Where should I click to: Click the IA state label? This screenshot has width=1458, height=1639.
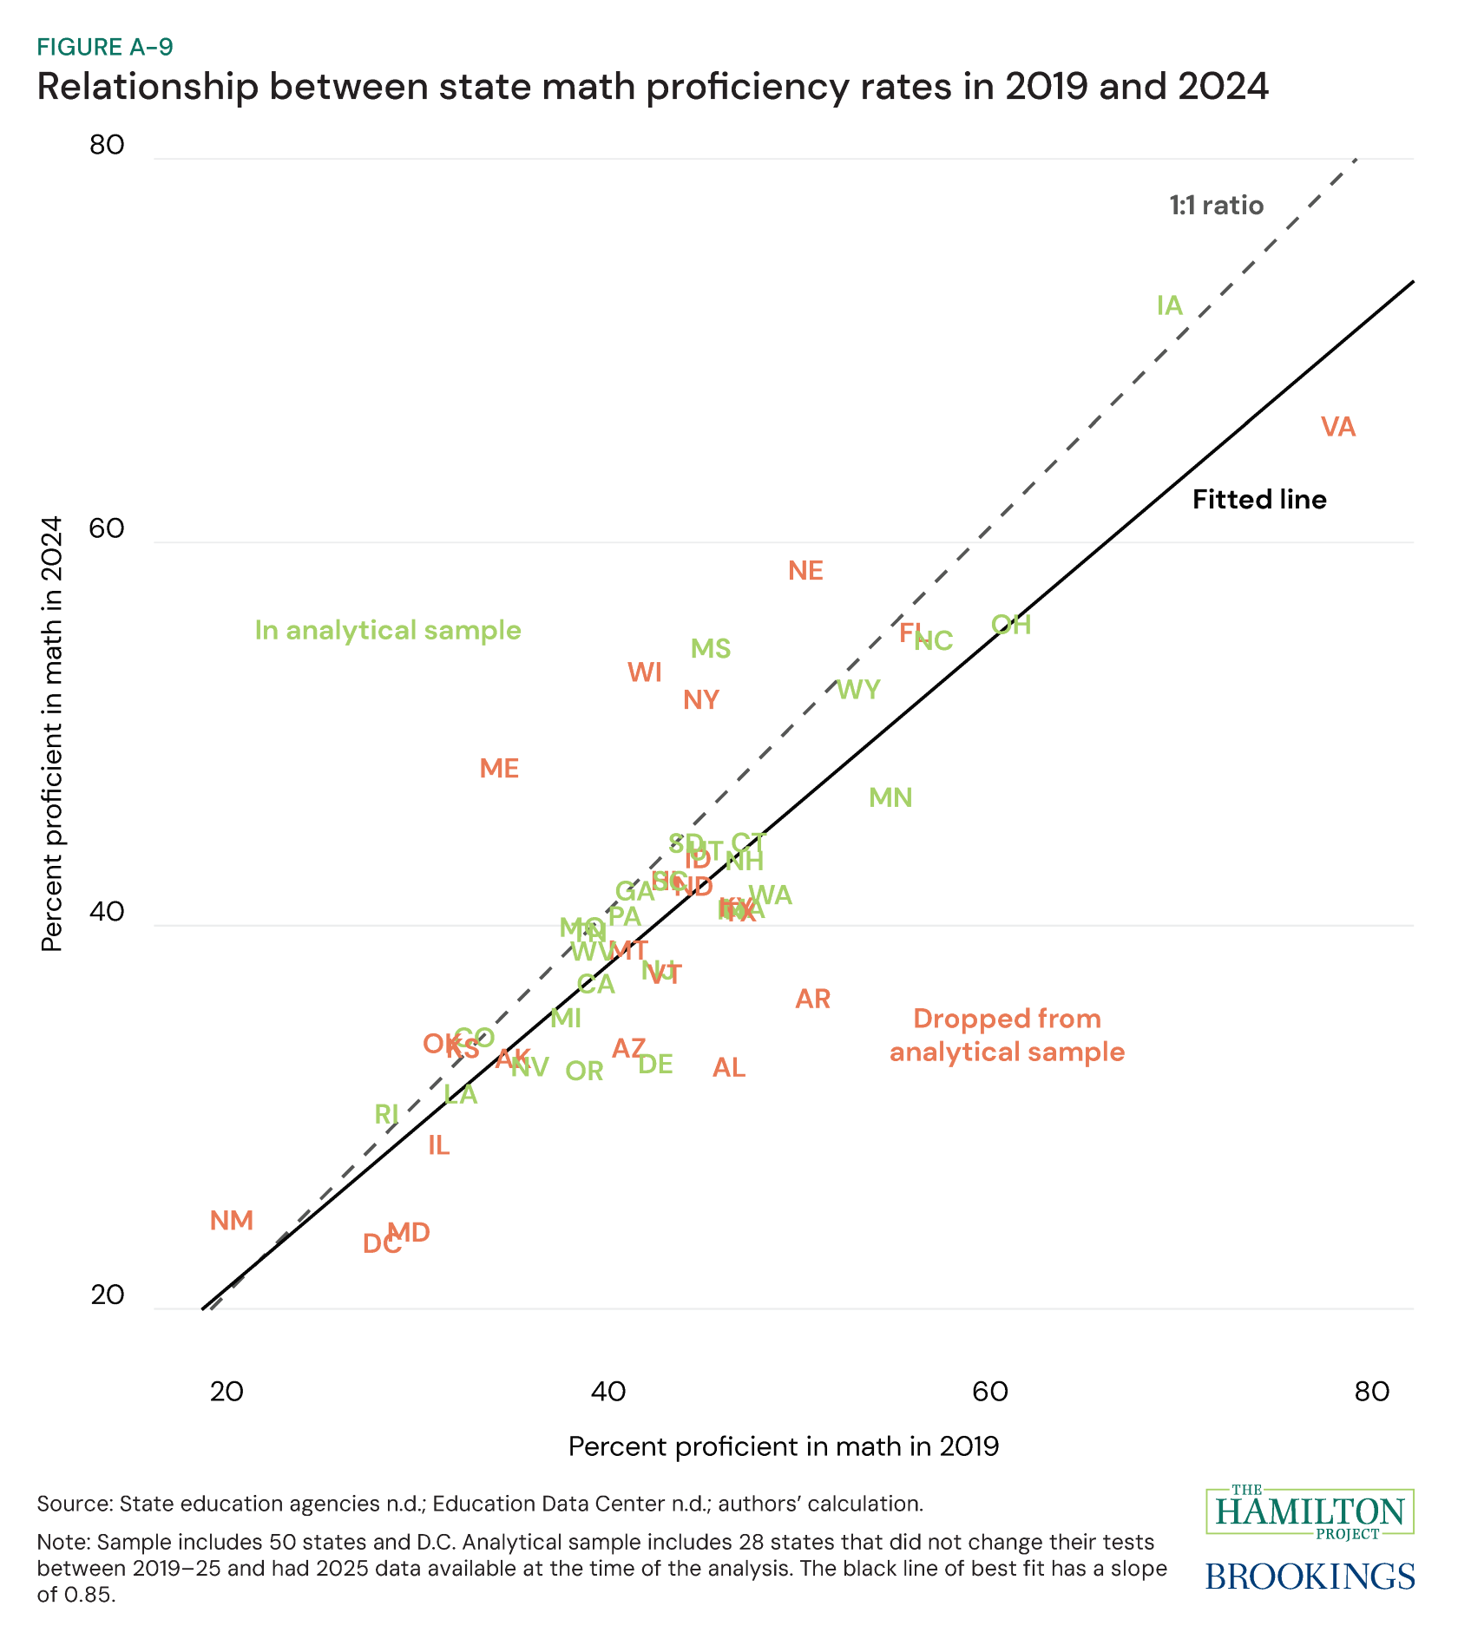(x=1169, y=305)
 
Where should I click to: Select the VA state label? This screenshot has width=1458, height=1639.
(x=1337, y=427)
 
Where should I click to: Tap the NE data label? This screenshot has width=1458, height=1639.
(x=805, y=571)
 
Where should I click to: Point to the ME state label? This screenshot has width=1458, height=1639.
(x=499, y=769)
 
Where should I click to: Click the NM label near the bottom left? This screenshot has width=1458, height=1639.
(x=232, y=1221)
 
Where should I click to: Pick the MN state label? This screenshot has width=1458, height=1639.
(x=890, y=798)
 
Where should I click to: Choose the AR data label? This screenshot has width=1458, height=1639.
(x=813, y=1000)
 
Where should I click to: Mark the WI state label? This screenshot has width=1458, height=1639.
(x=645, y=672)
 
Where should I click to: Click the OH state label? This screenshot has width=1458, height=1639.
(x=1011, y=625)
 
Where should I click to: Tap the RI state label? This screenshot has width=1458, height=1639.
(x=386, y=1114)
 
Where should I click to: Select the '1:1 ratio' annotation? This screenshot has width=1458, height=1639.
(x=1216, y=206)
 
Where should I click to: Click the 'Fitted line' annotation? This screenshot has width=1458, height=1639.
(x=1259, y=500)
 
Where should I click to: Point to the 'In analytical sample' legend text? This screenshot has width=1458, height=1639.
(x=388, y=630)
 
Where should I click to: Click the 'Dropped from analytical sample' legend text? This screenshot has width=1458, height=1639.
(x=1007, y=1035)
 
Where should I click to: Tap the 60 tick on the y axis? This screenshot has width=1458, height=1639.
(x=107, y=530)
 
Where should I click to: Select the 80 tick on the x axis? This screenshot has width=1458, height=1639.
(x=1372, y=1392)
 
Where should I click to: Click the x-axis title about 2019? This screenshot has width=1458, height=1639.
(x=784, y=1447)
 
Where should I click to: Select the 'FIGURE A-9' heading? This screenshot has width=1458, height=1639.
(x=105, y=47)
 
